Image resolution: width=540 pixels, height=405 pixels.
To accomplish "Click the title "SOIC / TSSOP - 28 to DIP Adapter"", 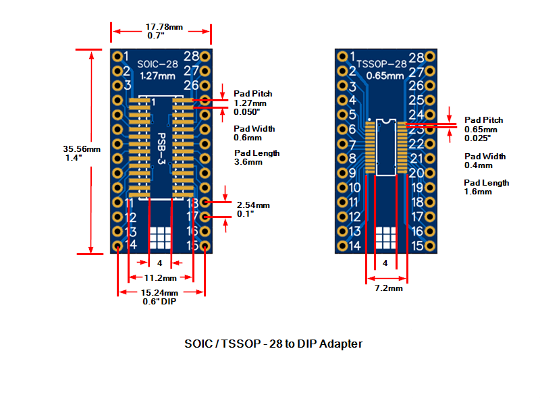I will (x=273, y=344).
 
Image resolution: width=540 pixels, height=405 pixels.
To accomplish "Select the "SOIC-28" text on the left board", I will (x=157, y=65).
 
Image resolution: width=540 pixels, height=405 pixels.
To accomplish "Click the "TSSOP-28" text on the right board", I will (x=381, y=64).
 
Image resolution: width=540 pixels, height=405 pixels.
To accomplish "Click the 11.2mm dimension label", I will (x=161, y=278).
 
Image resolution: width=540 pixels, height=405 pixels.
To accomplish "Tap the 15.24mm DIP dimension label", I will (x=159, y=298).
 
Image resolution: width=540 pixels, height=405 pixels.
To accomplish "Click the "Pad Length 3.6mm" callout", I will (x=256, y=157).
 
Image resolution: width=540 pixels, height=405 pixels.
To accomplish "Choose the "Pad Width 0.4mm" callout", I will (x=485, y=161).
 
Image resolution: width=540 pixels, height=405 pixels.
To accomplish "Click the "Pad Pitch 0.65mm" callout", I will (x=483, y=129).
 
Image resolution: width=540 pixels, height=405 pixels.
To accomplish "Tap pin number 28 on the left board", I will (x=191, y=56).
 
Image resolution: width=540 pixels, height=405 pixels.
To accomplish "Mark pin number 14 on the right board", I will (x=353, y=246).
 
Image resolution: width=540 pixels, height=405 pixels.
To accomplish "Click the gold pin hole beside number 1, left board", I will (x=117, y=56).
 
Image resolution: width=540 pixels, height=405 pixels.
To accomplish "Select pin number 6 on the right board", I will (x=350, y=130).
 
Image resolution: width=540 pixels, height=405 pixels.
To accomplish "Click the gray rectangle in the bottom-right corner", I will (x=476, y=363).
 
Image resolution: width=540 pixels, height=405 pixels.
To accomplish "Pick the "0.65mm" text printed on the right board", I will (x=385, y=76).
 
